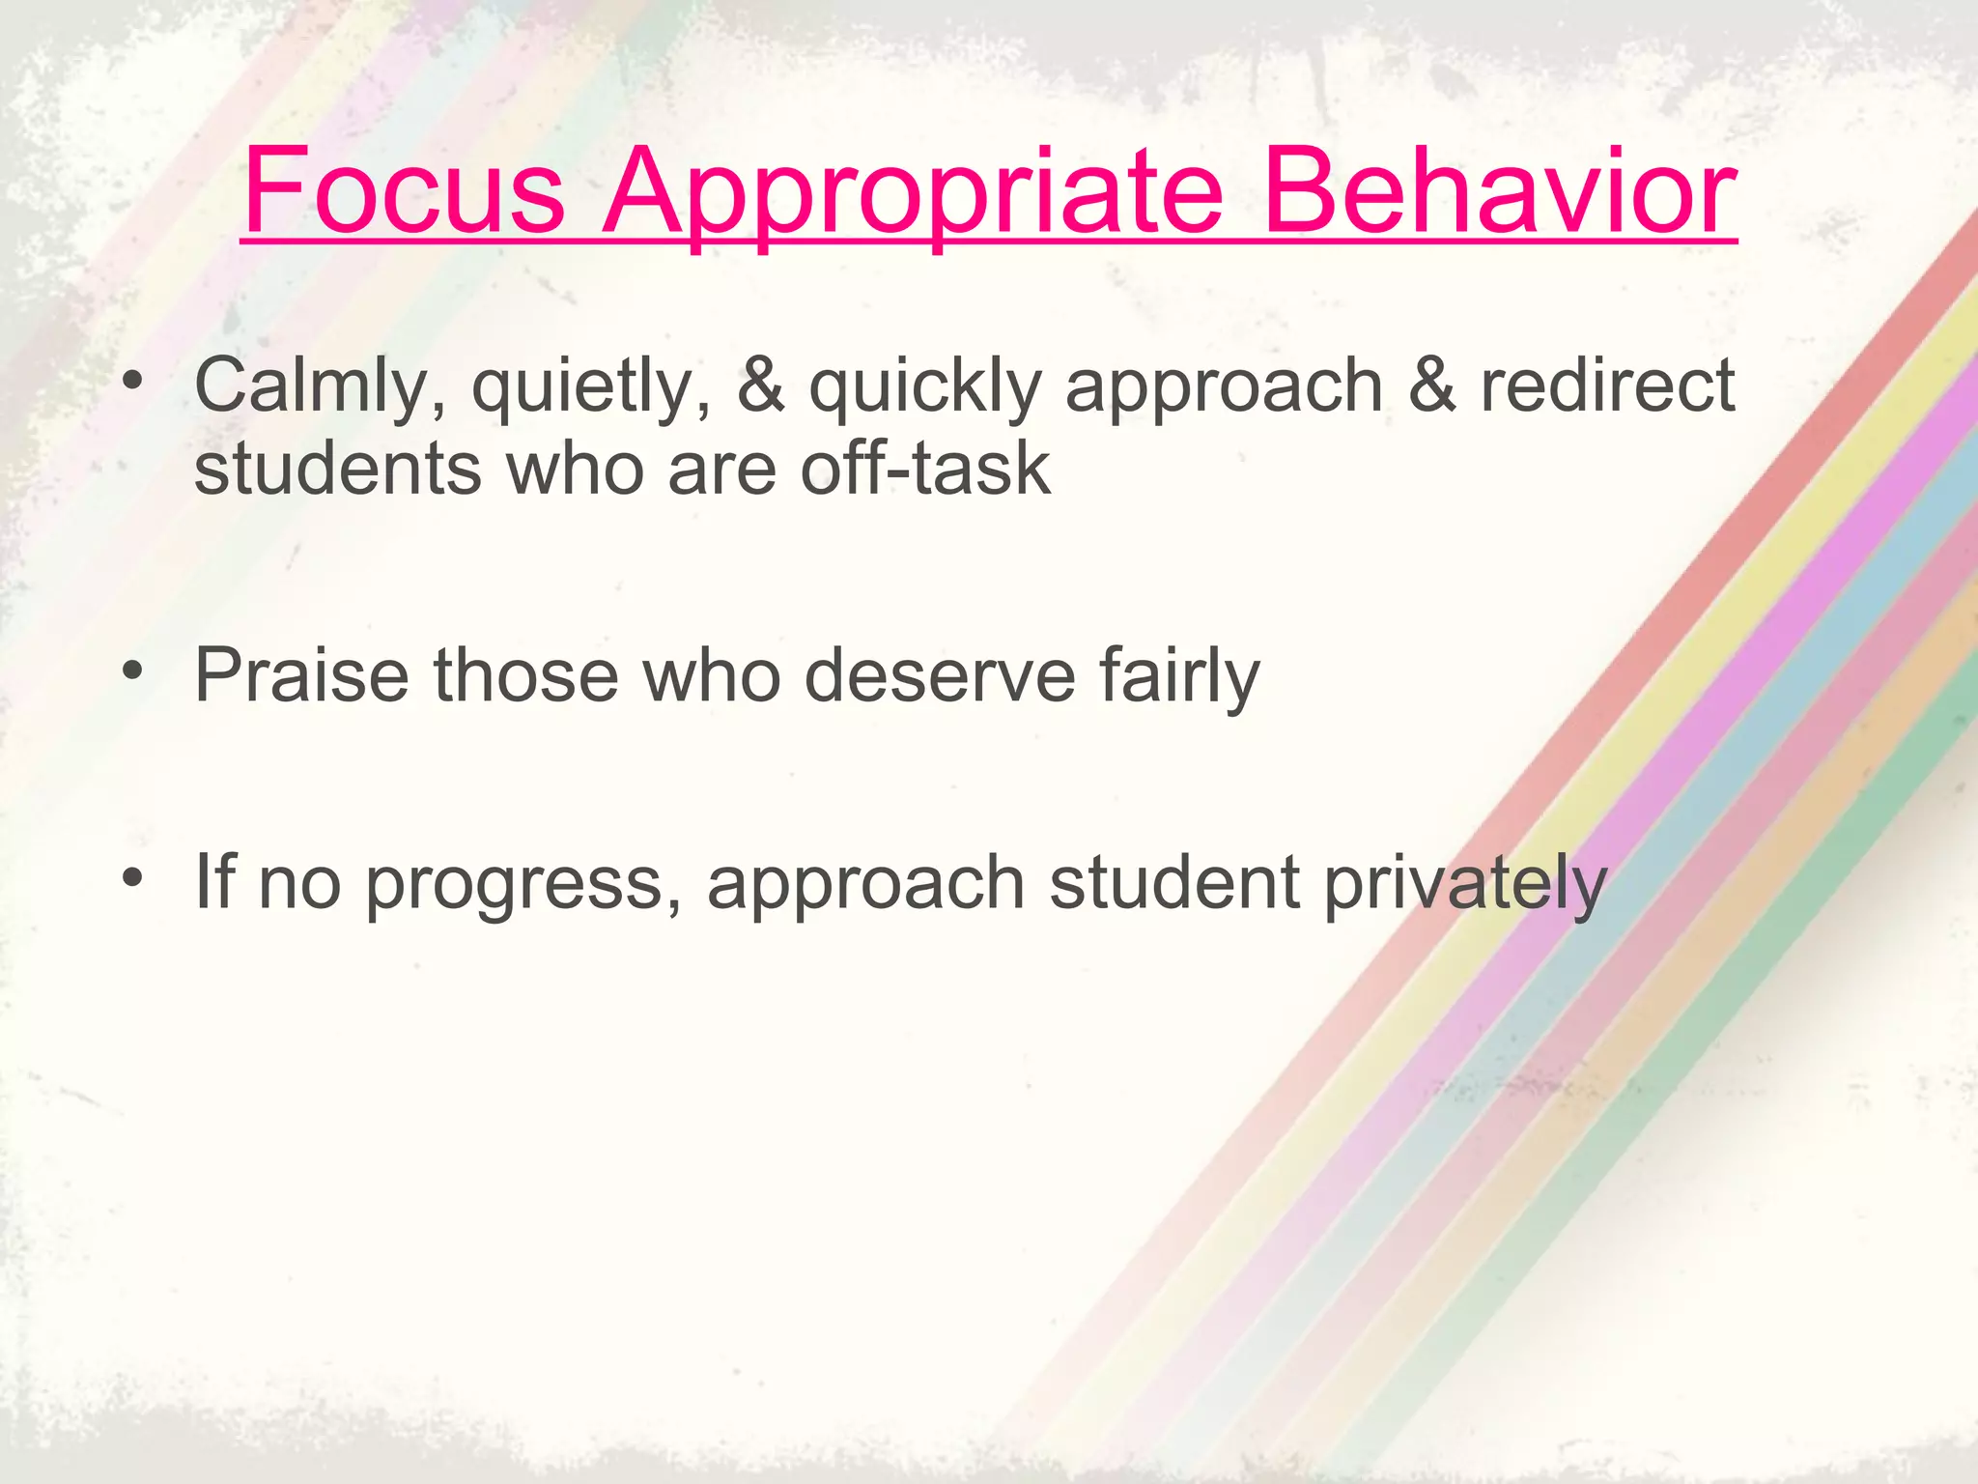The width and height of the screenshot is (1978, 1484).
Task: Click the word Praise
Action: click(x=301, y=674)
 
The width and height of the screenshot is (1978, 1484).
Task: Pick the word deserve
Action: click(x=940, y=674)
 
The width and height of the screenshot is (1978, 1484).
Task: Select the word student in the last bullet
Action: click(x=1173, y=883)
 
